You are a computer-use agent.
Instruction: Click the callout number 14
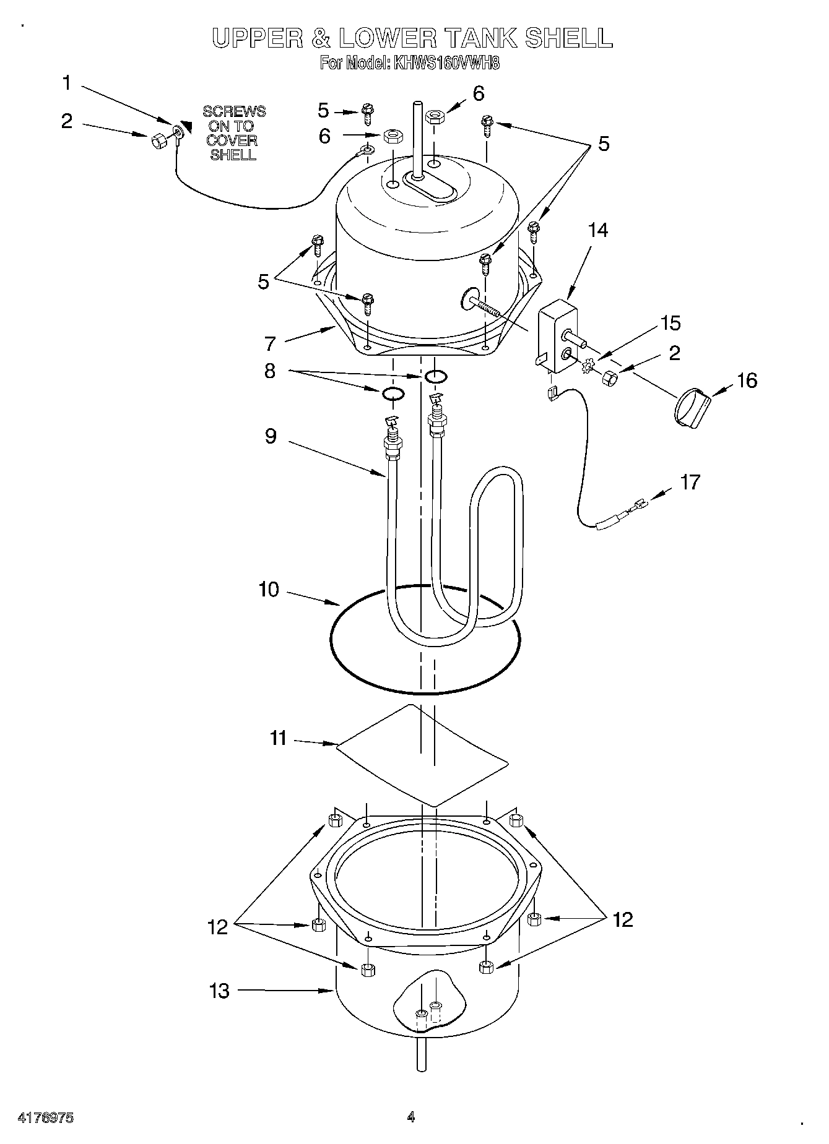597,230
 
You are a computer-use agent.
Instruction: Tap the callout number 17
690,482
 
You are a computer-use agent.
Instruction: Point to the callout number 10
269,590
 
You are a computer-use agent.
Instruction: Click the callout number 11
279,738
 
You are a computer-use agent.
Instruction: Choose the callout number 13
219,991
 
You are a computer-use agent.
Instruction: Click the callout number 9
271,436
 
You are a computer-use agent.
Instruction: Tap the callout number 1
67,83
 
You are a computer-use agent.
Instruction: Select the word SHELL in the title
568,38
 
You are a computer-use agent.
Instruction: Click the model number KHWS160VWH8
446,63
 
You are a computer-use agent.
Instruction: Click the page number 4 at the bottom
411,1117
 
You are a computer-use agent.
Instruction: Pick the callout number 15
670,324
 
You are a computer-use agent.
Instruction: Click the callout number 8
269,372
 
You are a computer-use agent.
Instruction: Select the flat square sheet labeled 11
421,755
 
